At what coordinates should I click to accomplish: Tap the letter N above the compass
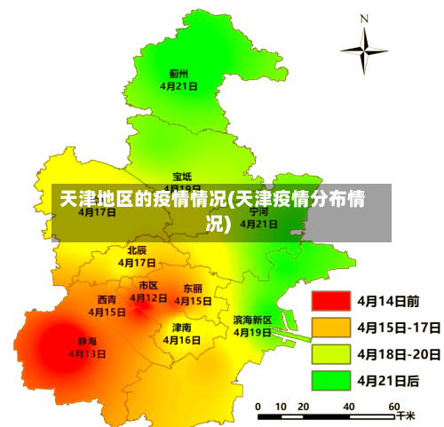pos(364,18)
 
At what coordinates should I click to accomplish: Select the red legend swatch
pos(330,302)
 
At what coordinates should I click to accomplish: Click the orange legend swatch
pos(330,328)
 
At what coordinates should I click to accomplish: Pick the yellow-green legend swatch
pos(330,354)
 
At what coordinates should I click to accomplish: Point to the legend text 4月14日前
pos(388,302)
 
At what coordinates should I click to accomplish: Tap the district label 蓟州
pos(178,74)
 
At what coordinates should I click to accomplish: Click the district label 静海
pos(87,341)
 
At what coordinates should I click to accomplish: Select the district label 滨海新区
pos(252,320)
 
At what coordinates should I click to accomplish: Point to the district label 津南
pos(181,328)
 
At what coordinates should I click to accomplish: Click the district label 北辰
pos(137,250)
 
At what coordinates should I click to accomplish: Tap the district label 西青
pos(107,300)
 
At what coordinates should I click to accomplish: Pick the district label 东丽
pos(193,289)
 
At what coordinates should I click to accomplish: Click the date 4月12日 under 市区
pos(148,298)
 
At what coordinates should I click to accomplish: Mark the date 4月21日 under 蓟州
pos(178,86)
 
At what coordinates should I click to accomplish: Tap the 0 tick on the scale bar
pos(258,406)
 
